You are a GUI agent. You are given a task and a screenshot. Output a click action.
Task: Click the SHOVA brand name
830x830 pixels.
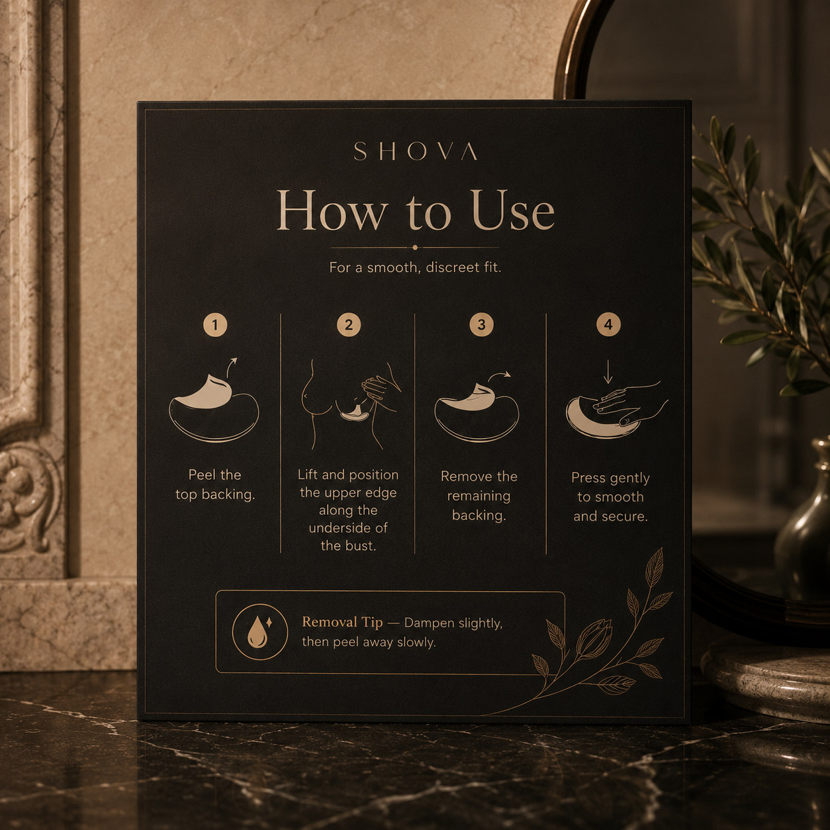(x=415, y=152)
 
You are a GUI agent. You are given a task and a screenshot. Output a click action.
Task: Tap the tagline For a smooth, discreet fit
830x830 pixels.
(x=415, y=267)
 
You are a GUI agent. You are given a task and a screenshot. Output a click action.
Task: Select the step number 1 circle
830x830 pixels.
(x=215, y=324)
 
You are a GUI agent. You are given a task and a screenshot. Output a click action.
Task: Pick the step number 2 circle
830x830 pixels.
(x=349, y=324)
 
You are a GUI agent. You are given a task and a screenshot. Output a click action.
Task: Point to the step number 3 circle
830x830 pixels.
(x=482, y=324)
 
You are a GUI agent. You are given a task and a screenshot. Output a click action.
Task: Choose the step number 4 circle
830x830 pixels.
(x=608, y=324)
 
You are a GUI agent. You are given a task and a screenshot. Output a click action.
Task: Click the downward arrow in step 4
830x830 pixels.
(x=608, y=371)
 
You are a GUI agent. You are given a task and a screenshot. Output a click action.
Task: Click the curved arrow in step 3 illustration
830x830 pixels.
(x=498, y=375)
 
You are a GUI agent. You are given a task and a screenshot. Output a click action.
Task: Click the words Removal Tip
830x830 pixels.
(x=342, y=622)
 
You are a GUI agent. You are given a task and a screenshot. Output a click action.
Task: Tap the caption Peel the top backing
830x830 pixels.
(x=215, y=484)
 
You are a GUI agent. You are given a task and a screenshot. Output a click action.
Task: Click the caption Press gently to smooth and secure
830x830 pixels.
(x=610, y=496)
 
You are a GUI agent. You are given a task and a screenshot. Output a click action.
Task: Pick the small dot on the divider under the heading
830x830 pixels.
(x=415, y=248)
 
